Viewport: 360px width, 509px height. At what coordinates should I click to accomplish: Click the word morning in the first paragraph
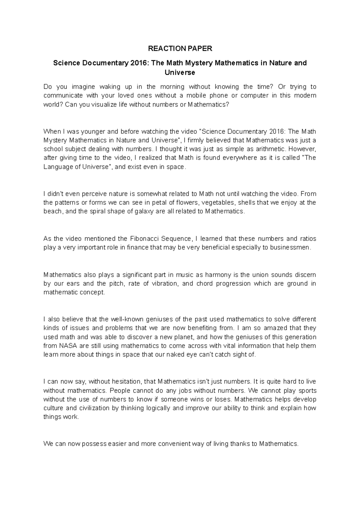(172, 87)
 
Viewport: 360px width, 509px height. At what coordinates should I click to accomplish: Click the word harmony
(217, 275)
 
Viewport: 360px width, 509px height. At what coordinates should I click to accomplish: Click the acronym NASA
(68, 346)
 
